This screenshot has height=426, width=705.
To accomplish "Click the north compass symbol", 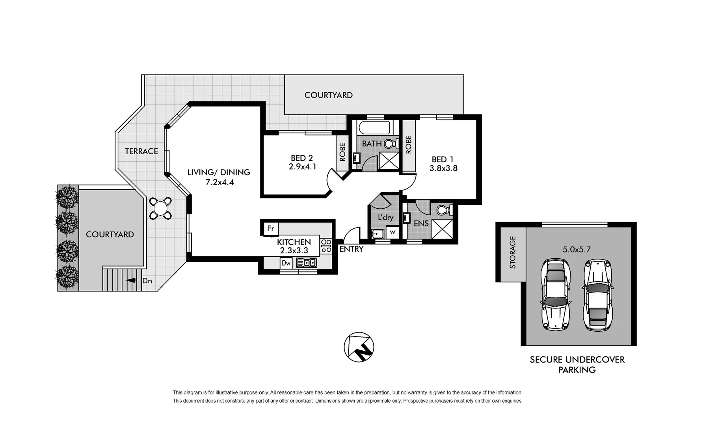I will [359, 347].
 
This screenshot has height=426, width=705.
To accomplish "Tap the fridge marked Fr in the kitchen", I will [271, 229].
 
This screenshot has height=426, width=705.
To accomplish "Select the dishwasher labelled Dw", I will [286, 263].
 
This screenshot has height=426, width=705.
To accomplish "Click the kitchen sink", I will [307, 263].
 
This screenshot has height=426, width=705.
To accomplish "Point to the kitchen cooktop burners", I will [326, 246].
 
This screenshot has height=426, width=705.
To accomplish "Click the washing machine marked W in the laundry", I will [392, 232].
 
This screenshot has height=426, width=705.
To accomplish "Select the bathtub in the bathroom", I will [374, 128].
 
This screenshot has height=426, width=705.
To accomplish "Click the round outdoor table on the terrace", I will [160, 207].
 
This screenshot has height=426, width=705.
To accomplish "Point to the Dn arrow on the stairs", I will [130, 280].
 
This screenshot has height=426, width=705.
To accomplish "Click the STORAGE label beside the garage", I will [513, 252].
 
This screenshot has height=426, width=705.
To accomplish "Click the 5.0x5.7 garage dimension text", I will [577, 249].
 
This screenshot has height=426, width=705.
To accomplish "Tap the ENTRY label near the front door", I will [351, 249].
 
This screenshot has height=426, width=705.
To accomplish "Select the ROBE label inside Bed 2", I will [342, 152].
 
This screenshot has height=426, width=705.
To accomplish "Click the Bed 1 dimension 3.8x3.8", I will [443, 168].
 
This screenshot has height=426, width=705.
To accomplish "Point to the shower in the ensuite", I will [442, 229].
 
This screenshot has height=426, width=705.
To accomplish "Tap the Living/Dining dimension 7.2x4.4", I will [219, 182].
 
